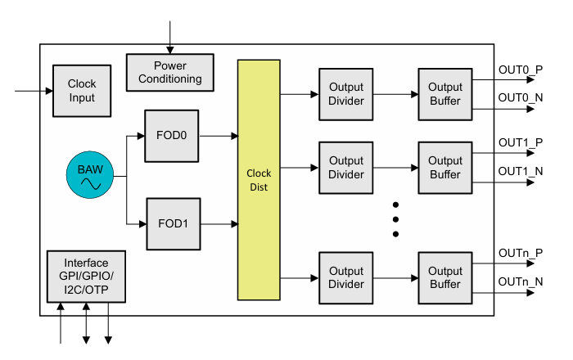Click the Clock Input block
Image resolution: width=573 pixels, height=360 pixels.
tap(82, 91)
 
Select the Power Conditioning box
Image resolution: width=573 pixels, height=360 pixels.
tap(170, 73)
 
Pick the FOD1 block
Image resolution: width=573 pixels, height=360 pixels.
tap(173, 223)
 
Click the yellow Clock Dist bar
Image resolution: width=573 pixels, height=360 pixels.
tap(259, 180)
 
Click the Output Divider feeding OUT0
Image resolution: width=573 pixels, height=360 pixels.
tap(346, 95)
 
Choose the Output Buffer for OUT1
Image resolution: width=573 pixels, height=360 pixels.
tap(445, 168)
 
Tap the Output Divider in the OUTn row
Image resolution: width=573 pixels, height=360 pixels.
tap(346, 278)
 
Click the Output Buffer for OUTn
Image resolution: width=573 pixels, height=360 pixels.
tap(445, 278)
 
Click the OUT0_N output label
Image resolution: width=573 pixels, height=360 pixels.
tap(521, 98)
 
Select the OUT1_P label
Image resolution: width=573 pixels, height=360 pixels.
tap(521, 142)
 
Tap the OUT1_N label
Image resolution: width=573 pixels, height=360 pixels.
tap(521, 171)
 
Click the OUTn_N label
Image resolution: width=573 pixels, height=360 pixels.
tap(521, 282)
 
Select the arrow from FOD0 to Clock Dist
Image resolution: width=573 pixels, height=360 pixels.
tap(219, 135)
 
